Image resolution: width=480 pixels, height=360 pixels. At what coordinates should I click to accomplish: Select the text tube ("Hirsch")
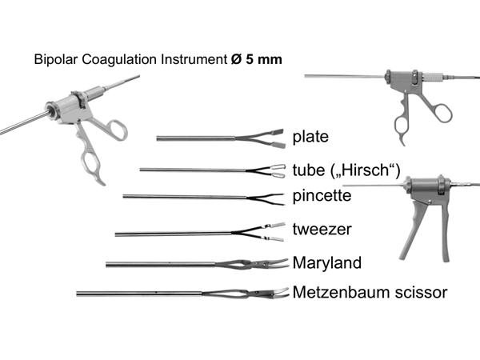(x=346, y=168)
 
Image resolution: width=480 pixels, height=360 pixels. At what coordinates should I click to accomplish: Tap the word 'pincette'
(x=322, y=195)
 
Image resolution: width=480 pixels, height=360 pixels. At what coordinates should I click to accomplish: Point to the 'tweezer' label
(x=322, y=229)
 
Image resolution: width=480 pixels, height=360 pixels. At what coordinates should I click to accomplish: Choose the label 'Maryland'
(x=327, y=262)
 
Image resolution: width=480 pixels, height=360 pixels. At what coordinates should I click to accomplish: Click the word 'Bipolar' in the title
(x=53, y=60)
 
